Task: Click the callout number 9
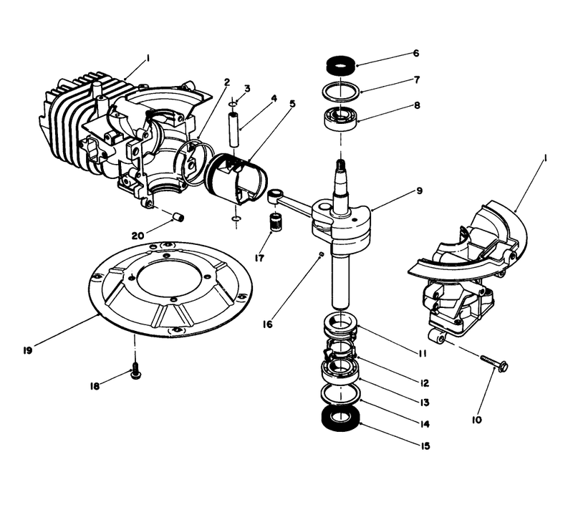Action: [x=418, y=191]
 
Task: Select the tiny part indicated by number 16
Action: [x=322, y=254]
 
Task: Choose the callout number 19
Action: [x=27, y=350]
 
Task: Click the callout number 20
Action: [x=138, y=235]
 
